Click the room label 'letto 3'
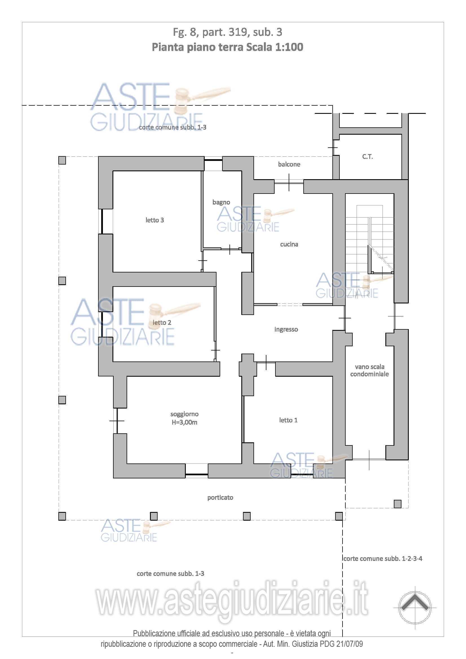154,220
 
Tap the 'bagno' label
221,202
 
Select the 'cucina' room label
289,244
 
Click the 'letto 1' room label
288,420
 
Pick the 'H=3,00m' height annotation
184,422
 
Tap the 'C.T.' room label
368,157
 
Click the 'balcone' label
289,165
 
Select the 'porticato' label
220,498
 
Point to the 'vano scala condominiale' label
370,370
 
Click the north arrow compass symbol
415,608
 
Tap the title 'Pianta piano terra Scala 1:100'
228,47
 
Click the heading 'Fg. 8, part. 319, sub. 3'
228,32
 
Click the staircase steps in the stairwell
370,244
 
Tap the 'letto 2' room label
162,323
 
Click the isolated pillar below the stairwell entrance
398,504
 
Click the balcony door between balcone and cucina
289,182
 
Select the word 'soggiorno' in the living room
184,414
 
